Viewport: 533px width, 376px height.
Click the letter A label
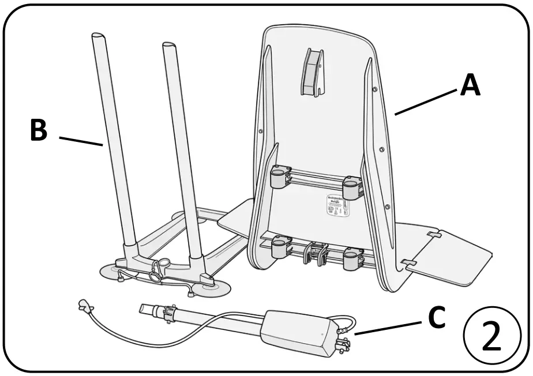pos(470,86)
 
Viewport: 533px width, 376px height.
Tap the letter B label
pos(39,130)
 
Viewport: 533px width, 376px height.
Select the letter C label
pos(437,318)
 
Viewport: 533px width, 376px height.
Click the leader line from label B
pos(80,141)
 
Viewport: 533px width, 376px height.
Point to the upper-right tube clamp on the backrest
pos(352,187)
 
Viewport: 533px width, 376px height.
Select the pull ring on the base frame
pos(156,276)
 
